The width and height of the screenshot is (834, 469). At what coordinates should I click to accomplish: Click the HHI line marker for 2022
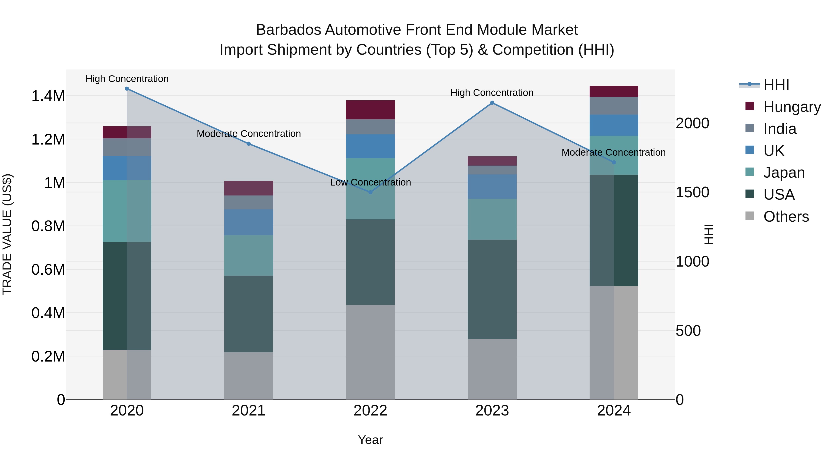[x=370, y=192]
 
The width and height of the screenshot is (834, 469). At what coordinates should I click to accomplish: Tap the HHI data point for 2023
[x=492, y=103]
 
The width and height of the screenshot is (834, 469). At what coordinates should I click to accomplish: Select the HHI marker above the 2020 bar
[x=127, y=89]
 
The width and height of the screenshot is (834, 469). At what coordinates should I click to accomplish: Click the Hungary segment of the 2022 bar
[x=370, y=110]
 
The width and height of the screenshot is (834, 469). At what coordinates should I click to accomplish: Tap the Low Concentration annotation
[x=370, y=182]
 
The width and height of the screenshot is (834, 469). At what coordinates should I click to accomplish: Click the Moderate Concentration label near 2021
[x=249, y=134]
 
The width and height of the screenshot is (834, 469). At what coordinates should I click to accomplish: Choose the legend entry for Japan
[x=784, y=173]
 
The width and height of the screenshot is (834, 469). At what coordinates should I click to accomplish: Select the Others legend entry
[x=786, y=217]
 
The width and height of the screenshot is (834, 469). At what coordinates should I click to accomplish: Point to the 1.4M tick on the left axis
[x=48, y=96]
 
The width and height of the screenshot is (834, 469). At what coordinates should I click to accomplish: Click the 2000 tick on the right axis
[x=692, y=123]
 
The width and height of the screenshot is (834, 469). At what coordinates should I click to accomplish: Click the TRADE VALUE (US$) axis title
[x=7, y=234]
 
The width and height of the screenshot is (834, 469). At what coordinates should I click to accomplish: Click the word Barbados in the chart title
[x=288, y=30]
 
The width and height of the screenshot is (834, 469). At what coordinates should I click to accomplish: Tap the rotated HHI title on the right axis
[x=709, y=234]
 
